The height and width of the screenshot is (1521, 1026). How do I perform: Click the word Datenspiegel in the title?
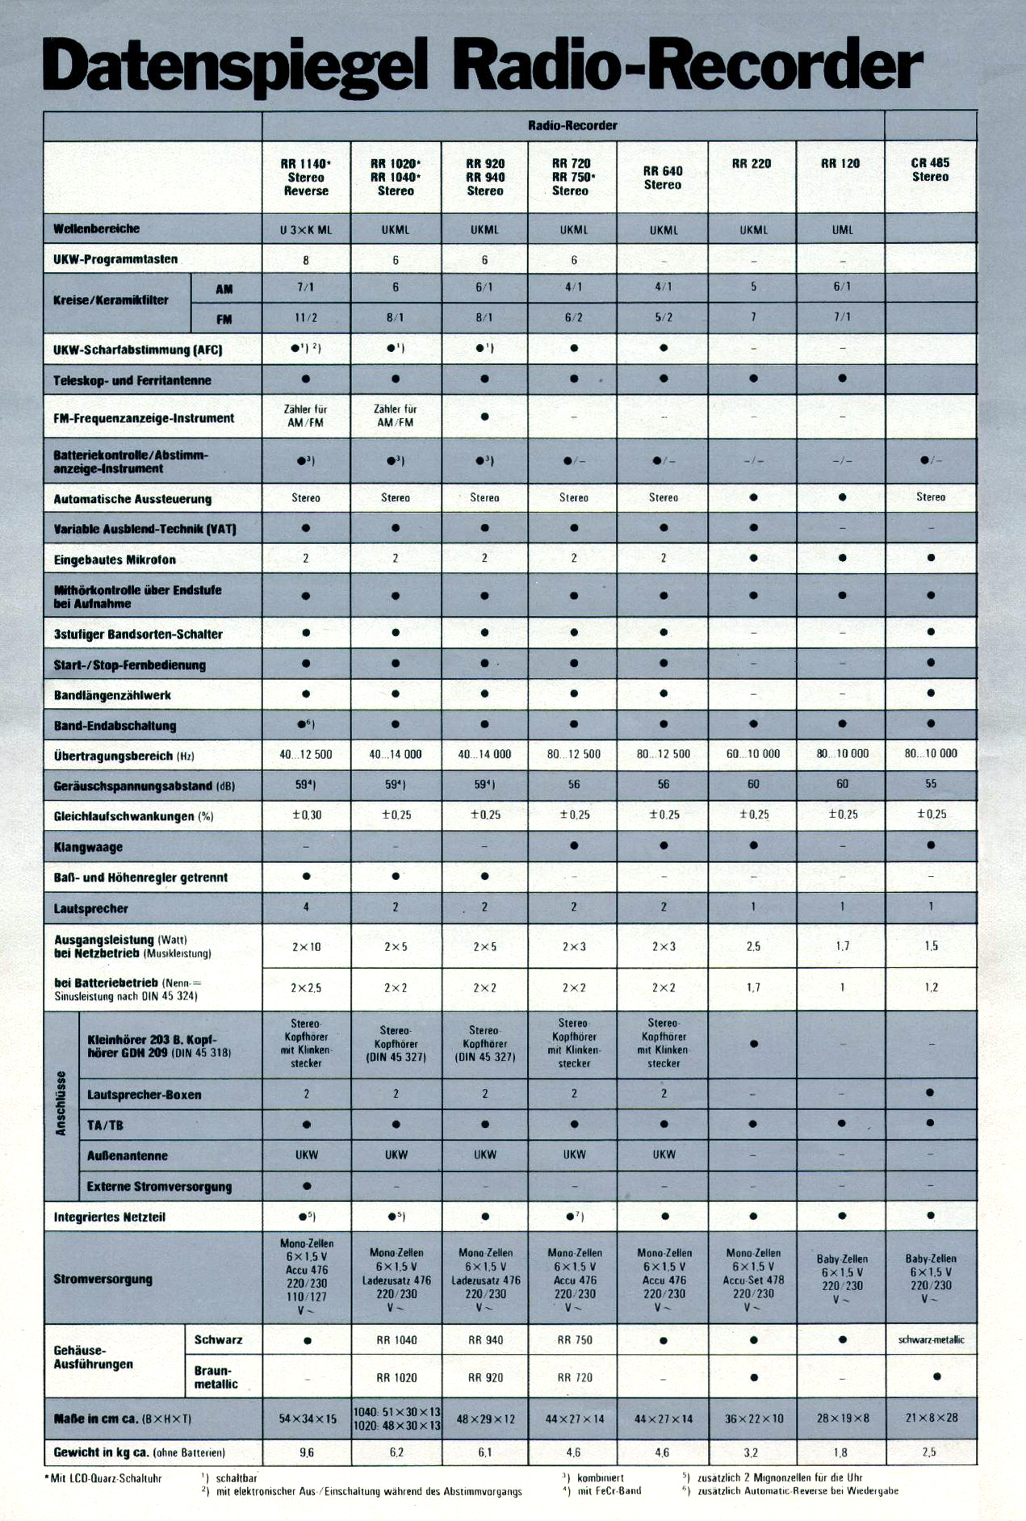[x=234, y=66]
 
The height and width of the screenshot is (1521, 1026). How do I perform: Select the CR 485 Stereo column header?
[x=930, y=170]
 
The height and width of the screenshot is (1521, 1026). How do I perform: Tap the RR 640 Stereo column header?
[x=663, y=178]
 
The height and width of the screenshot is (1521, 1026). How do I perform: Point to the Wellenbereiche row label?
[x=97, y=228]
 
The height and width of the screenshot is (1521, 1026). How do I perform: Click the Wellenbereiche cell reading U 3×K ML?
[x=306, y=230]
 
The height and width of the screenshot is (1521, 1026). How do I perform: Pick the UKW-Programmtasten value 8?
[x=306, y=260]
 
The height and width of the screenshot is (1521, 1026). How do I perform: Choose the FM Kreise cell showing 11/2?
[x=306, y=318]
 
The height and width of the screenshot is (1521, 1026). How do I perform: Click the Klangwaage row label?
[x=88, y=847]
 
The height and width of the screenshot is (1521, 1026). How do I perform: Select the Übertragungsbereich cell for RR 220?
[x=752, y=754]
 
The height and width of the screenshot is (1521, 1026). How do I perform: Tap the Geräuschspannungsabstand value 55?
[x=931, y=784]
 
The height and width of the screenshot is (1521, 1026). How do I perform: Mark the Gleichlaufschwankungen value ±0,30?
[x=306, y=815]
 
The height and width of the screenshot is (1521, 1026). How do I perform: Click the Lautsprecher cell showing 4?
[x=306, y=907]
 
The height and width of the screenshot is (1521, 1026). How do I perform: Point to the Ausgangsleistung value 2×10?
[x=306, y=947]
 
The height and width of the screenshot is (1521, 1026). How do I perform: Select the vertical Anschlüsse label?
[x=61, y=1104]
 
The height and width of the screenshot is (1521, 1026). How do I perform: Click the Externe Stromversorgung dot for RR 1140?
[x=306, y=1186]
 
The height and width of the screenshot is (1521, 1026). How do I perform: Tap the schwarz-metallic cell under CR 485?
[x=931, y=1340]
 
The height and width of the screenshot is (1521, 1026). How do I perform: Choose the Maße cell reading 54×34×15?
[x=308, y=1418]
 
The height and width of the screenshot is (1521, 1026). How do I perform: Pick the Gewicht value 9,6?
[x=307, y=1452]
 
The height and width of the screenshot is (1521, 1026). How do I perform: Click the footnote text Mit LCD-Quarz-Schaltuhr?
[x=104, y=1478]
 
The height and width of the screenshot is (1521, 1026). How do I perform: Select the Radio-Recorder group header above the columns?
[x=572, y=126]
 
